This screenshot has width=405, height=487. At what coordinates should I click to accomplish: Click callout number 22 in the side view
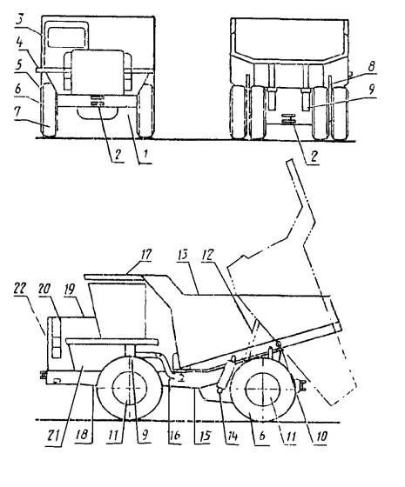[x=20, y=290]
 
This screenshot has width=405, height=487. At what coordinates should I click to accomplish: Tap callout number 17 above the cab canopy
[x=145, y=256]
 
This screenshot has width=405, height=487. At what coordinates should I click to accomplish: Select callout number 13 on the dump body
[x=183, y=255]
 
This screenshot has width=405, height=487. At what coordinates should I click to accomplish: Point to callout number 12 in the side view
[x=208, y=255]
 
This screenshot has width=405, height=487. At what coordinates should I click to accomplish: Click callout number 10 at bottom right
[x=321, y=437]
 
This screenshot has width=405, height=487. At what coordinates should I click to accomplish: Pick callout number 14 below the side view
[x=232, y=436]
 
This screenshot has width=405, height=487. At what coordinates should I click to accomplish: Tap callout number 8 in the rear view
[x=371, y=66]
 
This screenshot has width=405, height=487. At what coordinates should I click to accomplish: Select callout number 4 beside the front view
[x=19, y=43]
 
